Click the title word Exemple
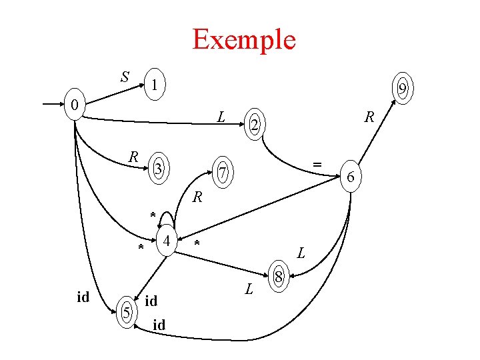243,39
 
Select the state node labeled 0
76,105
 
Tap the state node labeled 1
154,85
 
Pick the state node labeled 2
253,124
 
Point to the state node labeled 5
125,311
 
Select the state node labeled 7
225,174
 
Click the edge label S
125,77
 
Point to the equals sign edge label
318,163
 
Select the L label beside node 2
221,117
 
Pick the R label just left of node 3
133,157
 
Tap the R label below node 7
197,197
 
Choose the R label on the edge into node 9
369,118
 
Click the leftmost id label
83,297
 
